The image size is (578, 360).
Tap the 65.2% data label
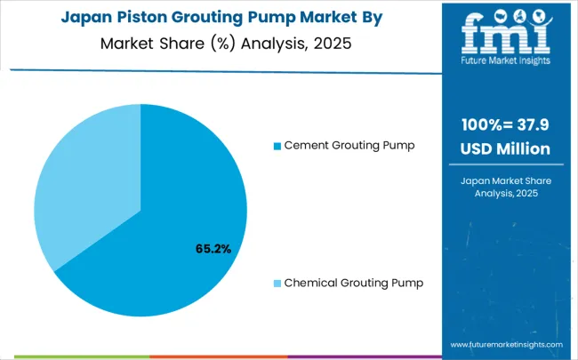pos(213,249)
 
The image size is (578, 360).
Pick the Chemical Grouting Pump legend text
pos(353,283)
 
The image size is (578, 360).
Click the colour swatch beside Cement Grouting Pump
pos(277,145)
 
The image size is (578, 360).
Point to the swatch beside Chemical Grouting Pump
pos(277,283)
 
